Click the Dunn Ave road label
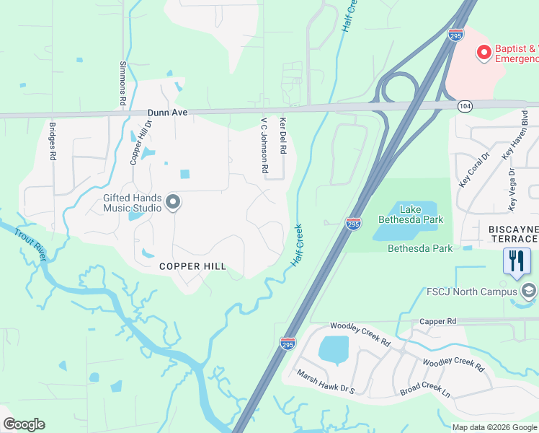[x=168, y=113]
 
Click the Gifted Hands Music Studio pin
[x=172, y=204]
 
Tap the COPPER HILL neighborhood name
[x=193, y=266]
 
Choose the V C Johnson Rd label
[x=264, y=146]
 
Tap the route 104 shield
[x=465, y=106]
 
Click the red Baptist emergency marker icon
[x=484, y=52]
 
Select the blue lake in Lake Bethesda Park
[x=404, y=222]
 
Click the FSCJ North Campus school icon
[x=529, y=291]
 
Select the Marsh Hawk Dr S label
[x=326, y=382]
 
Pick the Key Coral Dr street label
[x=474, y=169]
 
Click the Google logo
[x=24, y=424]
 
